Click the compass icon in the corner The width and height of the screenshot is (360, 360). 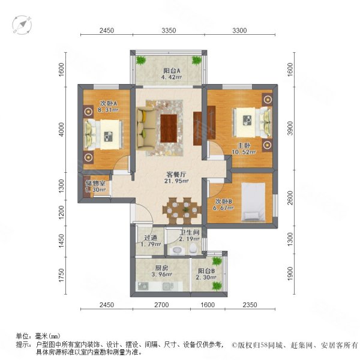click(22, 25)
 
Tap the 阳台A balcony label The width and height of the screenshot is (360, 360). click(172, 70)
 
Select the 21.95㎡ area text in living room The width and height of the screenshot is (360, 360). click(176, 181)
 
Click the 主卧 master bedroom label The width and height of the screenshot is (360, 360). click(244, 146)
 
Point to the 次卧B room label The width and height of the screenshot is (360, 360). click(223, 202)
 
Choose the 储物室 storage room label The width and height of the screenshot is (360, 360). click(95, 183)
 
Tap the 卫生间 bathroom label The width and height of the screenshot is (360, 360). click(189, 233)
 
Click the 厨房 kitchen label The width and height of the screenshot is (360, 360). click(161, 268)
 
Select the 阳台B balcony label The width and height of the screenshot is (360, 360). click(206, 271)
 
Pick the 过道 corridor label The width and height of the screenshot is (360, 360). click(151, 238)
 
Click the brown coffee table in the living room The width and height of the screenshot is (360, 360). click(169, 128)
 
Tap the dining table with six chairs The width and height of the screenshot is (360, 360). click(182, 211)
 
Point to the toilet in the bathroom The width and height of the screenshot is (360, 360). click(193, 248)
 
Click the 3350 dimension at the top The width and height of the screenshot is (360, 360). click(169, 31)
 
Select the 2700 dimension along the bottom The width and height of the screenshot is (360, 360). click(161, 305)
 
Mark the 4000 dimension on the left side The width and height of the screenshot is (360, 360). click(61, 129)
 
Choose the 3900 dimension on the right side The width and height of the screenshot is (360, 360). click(290, 128)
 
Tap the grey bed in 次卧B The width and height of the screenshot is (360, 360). click(253, 202)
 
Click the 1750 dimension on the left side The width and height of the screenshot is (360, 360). click(61, 275)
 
